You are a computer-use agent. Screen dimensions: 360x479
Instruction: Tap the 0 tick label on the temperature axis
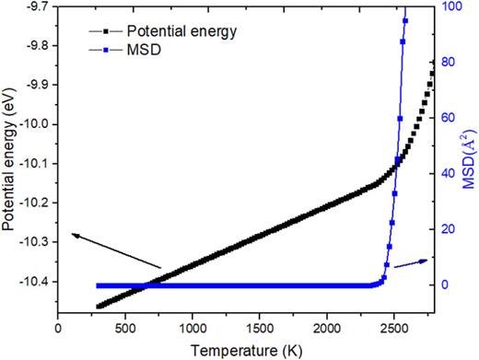pyautogui.click(x=58, y=328)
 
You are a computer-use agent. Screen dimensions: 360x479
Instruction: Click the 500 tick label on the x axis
pyautogui.click(x=125, y=328)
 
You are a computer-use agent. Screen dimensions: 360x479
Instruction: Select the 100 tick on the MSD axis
pyautogui.click(x=445, y=6)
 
